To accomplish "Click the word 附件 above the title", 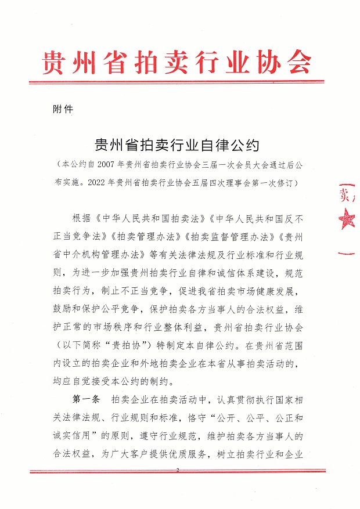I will pyautogui.click(x=62, y=109).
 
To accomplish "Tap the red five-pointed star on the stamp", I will pyautogui.click(x=348, y=219).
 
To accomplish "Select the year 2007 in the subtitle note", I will pyautogui.click(x=101, y=165).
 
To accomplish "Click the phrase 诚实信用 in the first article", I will pyautogui.click(x=91, y=436).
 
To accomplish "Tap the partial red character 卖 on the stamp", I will pyautogui.click(x=344, y=193).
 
